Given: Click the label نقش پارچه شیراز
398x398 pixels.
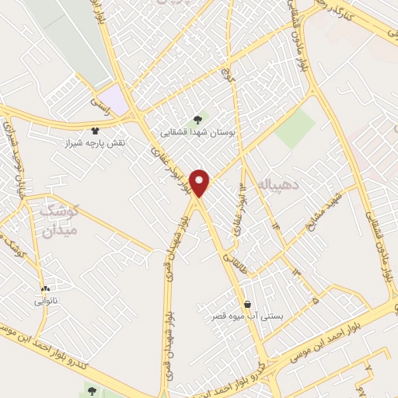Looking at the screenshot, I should point(96,144).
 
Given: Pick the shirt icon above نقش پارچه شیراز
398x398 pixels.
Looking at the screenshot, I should point(96,131).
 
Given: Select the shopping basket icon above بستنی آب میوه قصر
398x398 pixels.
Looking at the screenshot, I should point(247,303).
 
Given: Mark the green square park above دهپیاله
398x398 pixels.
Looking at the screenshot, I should point(295,129).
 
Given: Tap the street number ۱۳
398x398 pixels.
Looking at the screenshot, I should point(295,271).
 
